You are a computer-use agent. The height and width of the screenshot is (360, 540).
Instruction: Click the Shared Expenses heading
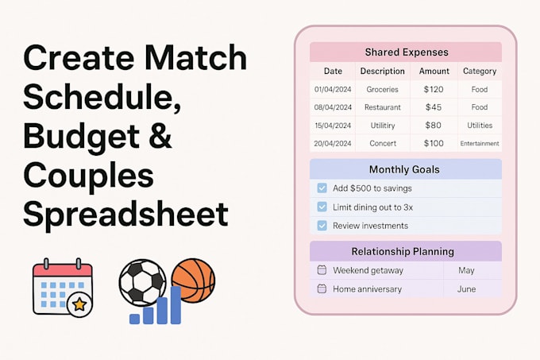[406, 52]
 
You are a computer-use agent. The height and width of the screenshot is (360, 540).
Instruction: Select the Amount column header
[434, 71]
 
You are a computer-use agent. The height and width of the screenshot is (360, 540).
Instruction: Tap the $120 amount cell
[433, 90]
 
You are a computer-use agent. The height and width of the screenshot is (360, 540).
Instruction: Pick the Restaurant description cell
[382, 107]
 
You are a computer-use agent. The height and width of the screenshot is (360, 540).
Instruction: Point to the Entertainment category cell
[480, 144]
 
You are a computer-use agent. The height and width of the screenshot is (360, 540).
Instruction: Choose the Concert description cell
[382, 144]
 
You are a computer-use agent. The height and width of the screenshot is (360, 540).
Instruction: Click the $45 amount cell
[433, 107]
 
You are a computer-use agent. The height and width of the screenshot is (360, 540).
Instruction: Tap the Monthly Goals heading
[404, 169]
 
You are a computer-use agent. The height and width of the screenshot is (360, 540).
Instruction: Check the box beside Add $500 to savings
[322, 188]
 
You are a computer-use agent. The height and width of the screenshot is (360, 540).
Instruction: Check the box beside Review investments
[322, 226]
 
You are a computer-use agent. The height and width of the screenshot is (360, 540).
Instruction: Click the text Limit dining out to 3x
[372, 207]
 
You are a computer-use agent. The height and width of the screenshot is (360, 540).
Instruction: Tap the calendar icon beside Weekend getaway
[322, 270]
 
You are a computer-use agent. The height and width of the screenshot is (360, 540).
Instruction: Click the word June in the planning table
[466, 289]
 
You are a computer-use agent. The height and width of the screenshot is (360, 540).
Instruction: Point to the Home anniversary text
[367, 289]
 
